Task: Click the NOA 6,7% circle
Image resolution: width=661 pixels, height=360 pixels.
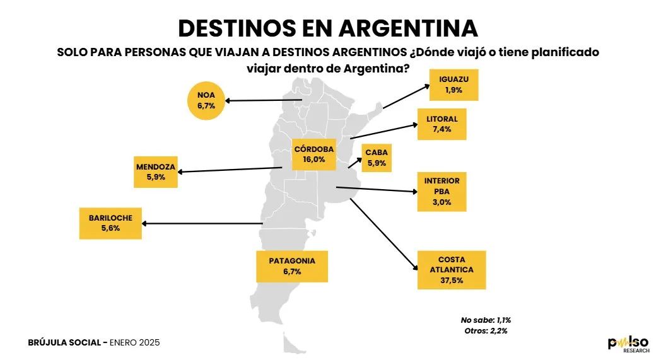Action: [206, 101]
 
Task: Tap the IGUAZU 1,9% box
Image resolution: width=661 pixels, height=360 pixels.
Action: [453, 85]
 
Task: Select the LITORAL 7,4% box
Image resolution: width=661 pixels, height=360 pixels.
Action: [442, 124]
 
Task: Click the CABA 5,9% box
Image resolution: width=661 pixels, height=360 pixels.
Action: [376, 157]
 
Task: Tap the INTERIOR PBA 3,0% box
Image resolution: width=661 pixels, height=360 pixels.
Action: [442, 192]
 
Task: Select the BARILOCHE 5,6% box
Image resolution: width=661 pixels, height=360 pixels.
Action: [110, 223]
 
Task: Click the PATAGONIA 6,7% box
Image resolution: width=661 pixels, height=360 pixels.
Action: [292, 266]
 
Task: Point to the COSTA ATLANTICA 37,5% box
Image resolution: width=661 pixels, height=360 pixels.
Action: [452, 270]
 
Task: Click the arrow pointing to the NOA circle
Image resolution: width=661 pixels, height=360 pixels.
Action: [265, 100]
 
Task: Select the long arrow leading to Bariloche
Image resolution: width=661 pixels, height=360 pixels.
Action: [202, 223]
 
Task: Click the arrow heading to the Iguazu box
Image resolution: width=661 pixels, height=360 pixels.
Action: [404, 100]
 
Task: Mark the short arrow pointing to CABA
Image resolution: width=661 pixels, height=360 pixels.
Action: [354, 161]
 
